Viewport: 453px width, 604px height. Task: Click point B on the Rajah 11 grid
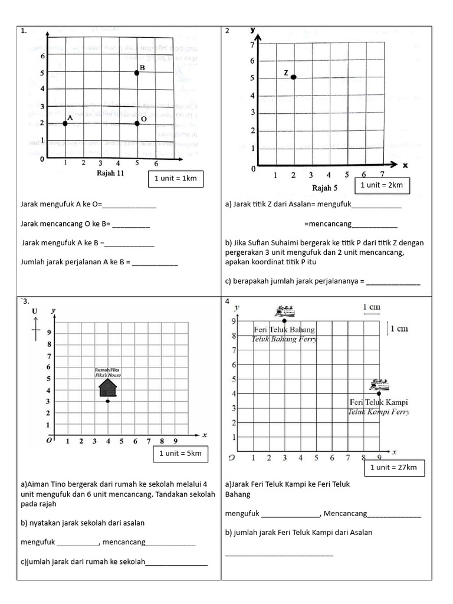[137, 73]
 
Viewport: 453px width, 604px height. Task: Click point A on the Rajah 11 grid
[65, 123]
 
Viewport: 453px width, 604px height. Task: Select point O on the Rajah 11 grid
[137, 123]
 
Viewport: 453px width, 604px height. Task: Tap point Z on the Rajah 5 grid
[293, 77]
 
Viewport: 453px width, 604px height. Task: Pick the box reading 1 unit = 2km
[382, 185]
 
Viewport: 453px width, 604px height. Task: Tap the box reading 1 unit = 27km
[393, 468]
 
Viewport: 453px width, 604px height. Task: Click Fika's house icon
[107, 388]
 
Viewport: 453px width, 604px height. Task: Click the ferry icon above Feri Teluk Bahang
[284, 311]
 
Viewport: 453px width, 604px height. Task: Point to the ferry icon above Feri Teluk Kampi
[379, 385]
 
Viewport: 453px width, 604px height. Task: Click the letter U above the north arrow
[35, 311]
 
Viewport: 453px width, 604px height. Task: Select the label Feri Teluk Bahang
[284, 329]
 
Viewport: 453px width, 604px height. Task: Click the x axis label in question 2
[405, 166]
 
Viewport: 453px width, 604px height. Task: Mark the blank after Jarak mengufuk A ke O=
[129, 205]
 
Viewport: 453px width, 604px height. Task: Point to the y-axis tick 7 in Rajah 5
[252, 45]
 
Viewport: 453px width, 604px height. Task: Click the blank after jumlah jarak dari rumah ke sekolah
[176, 562]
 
